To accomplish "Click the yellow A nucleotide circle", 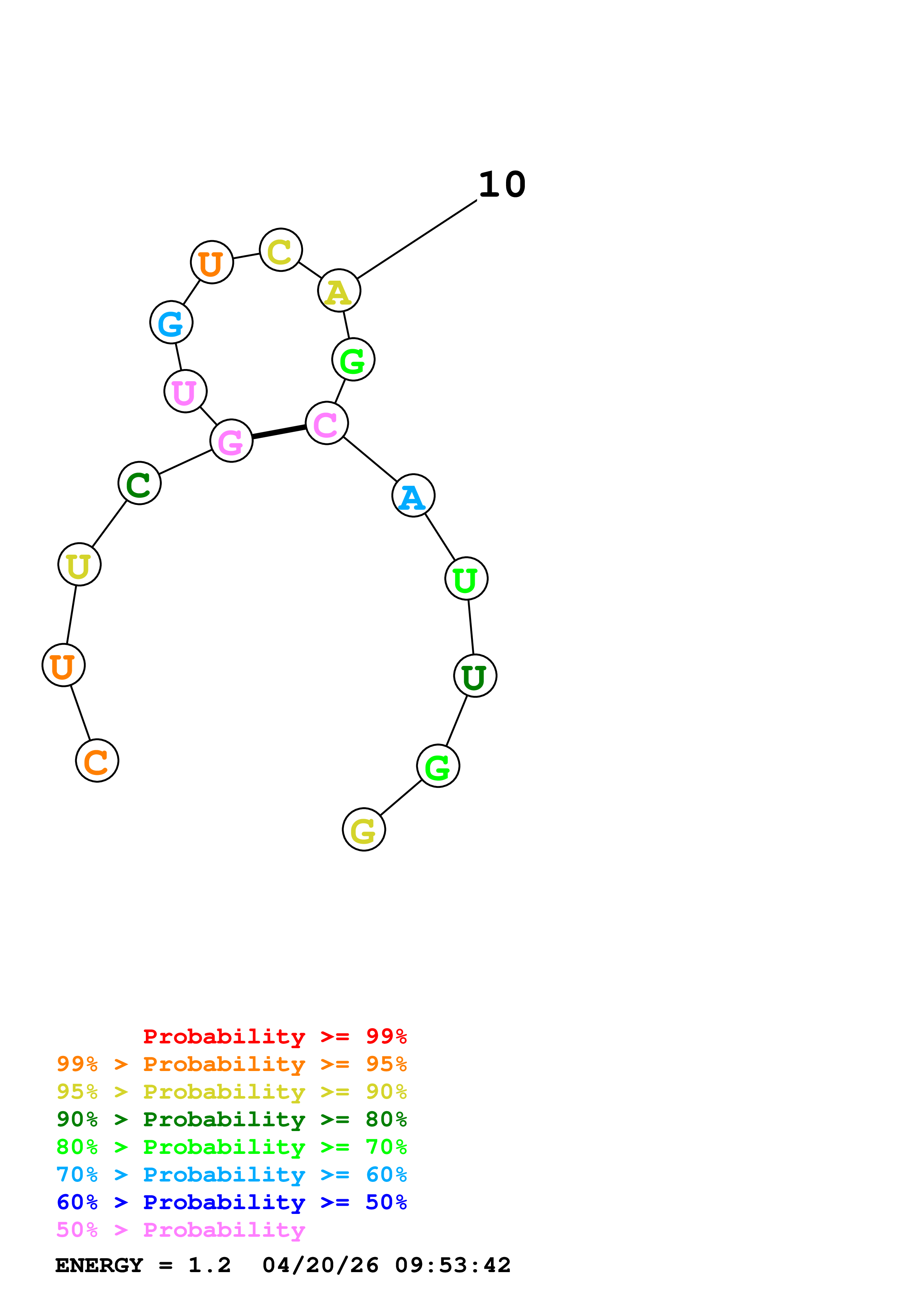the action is [339, 291].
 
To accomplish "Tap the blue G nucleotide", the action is [171, 322].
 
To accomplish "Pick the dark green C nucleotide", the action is [140, 483].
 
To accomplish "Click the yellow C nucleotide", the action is [281, 250].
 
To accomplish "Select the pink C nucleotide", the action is [326, 423].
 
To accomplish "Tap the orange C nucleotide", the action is [97, 761].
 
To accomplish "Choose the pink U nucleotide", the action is [185, 391].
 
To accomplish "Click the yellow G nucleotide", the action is [364, 829].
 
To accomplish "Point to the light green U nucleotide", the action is [466, 579].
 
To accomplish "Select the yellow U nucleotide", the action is [79, 564].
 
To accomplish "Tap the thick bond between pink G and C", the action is [279, 432].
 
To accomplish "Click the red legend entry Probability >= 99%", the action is [274, 1036].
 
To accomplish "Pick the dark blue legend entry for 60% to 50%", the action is [231, 1202].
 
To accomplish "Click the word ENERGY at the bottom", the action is [99, 1265].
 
